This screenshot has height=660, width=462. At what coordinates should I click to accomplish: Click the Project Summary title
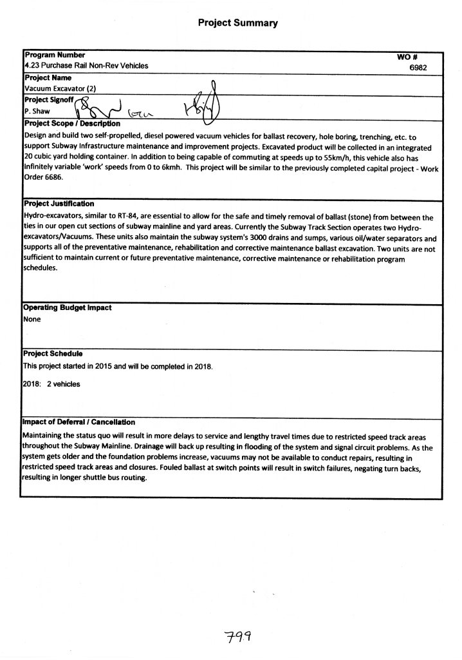coord(237,23)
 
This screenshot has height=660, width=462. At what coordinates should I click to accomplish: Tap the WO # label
coord(409,57)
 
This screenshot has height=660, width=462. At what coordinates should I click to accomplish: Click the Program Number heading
coord(55,55)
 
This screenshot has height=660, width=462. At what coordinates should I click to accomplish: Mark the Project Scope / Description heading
coord(72,123)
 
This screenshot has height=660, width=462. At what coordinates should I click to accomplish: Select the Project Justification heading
coord(59,204)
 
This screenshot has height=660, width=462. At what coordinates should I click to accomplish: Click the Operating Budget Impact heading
coord(68,308)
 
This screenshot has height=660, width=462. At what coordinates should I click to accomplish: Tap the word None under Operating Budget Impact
coord(32,319)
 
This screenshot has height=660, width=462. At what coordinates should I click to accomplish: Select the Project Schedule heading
coord(53,354)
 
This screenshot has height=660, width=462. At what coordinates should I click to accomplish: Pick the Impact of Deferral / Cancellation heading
coord(79,422)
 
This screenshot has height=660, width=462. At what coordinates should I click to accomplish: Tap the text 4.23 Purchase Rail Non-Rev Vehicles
coord(86,66)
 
